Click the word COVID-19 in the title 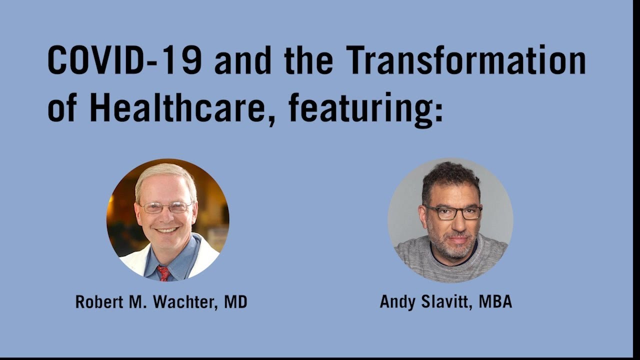[x=124, y=60]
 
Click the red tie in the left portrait [x=163, y=273]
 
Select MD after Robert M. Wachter [x=235, y=302]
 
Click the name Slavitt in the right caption [x=446, y=302]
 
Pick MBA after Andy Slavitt [x=495, y=302]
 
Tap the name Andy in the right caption [x=397, y=302]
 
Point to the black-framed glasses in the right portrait [x=452, y=212]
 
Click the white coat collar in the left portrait [x=135, y=260]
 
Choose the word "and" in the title [x=243, y=60]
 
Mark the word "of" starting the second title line [x=61, y=107]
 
